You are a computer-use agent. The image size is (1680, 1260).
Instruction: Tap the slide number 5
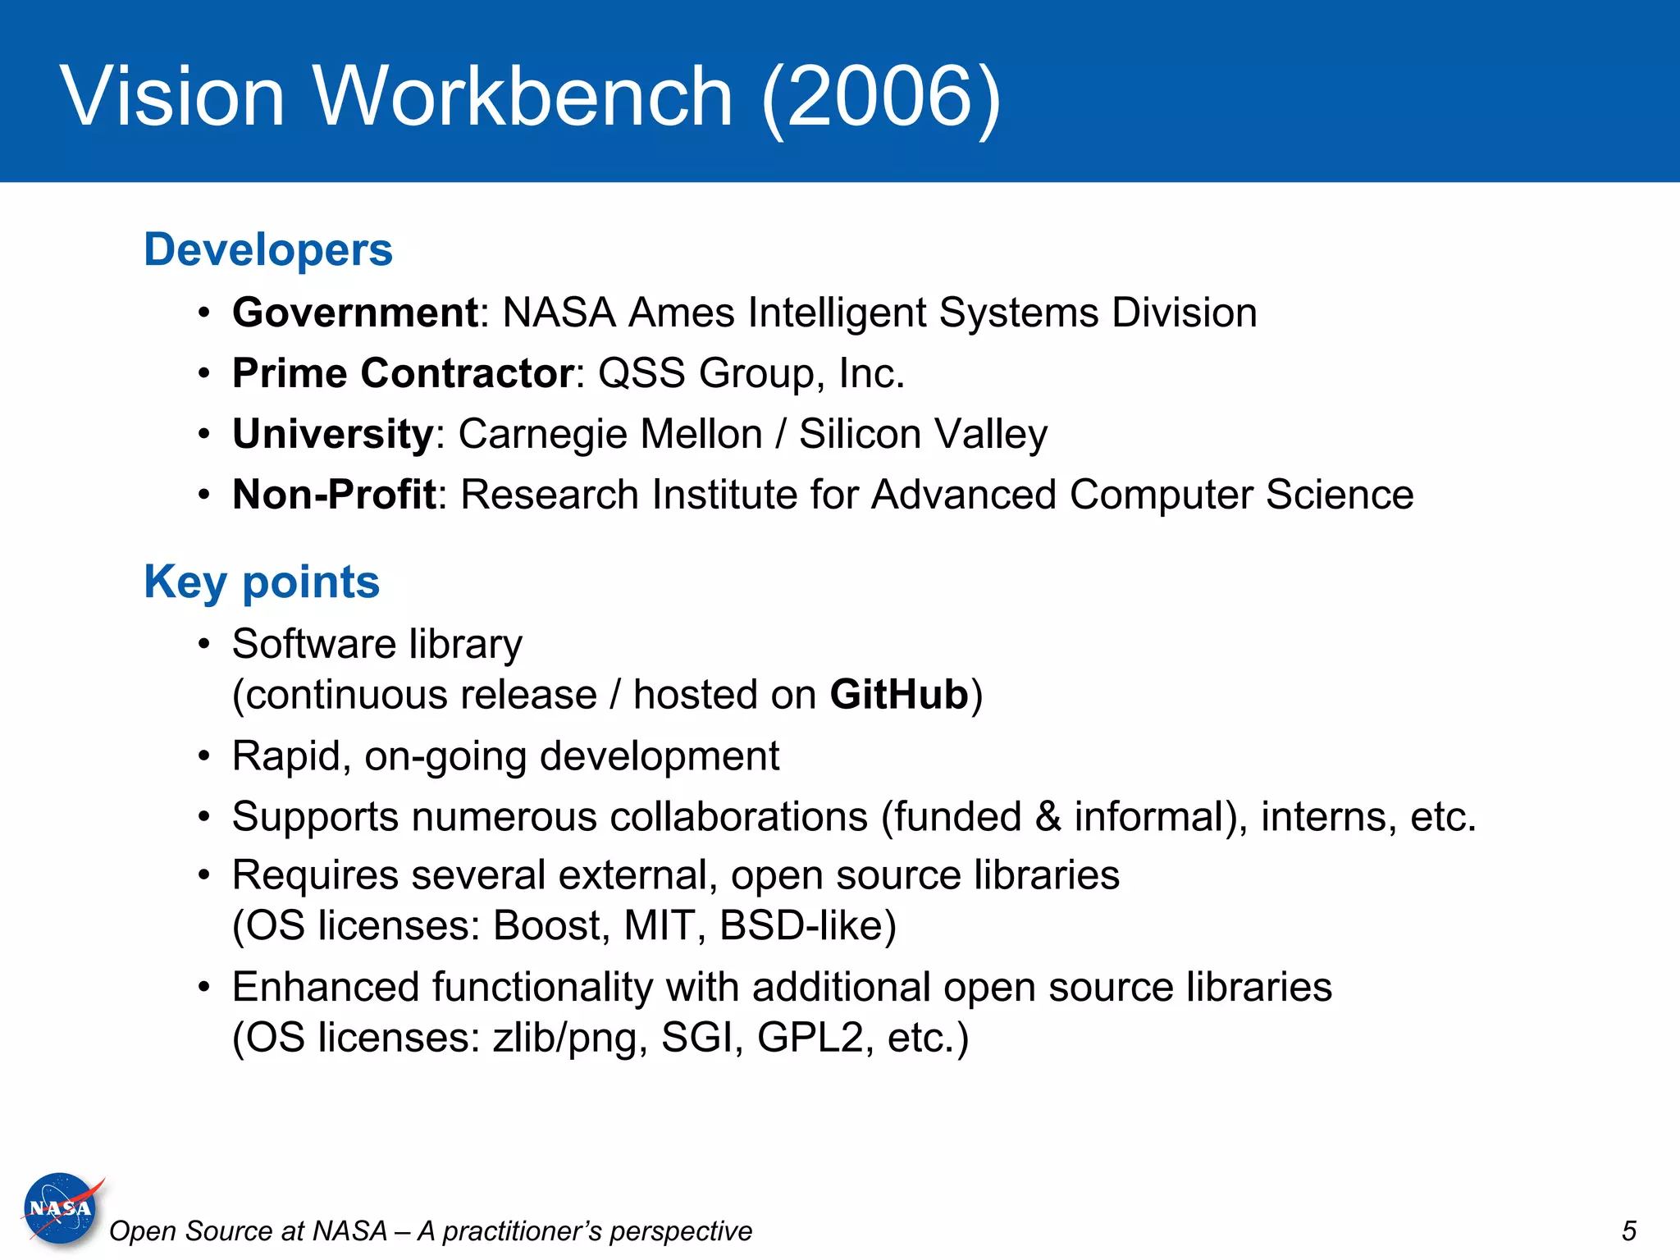coord(1628,1230)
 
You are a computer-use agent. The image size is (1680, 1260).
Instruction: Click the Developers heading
coord(268,249)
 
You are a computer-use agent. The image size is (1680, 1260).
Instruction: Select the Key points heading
coord(262,582)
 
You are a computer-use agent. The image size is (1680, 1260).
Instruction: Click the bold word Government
coord(355,313)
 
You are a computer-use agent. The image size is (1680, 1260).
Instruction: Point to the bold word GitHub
coord(899,695)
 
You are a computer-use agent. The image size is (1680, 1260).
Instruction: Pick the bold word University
coord(332,434)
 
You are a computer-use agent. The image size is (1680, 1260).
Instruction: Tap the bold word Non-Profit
coord(334,495)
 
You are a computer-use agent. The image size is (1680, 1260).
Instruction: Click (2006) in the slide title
coord(881,97)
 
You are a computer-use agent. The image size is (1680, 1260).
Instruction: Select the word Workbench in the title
coord(523,97)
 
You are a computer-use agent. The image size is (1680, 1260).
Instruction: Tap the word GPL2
coord(810,1038)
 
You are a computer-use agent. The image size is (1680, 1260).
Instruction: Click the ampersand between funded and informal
coord(1048,817)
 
